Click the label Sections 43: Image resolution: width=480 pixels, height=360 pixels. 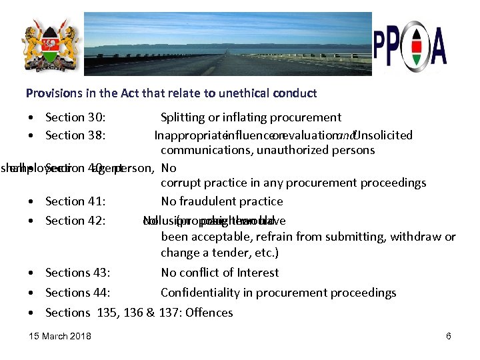78,273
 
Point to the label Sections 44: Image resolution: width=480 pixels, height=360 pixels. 78,293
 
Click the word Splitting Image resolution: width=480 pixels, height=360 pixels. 183,118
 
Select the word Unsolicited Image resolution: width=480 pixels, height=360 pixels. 384,135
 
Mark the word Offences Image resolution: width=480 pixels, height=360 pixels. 209,313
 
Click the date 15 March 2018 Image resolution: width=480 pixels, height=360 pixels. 61,336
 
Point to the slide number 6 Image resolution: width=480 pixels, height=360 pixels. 449,336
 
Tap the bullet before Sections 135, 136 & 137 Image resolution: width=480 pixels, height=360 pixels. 32,313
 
